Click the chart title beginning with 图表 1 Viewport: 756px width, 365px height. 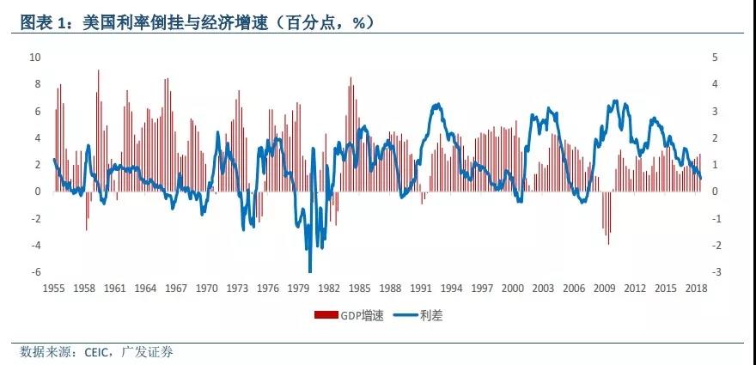198,22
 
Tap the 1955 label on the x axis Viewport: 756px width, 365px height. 54,289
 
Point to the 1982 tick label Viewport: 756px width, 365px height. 329,289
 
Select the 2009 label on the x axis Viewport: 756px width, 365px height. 604,289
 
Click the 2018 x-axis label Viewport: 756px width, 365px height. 696,289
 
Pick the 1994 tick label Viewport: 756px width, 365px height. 451,289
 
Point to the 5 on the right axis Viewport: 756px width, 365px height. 715,57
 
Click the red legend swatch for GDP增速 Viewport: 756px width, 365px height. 326,315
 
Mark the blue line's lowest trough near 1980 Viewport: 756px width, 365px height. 310,271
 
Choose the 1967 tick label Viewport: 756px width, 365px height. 176,289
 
